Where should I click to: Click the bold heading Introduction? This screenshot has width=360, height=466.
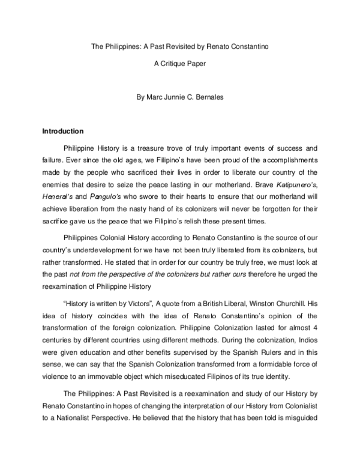[x=62, y=131]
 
